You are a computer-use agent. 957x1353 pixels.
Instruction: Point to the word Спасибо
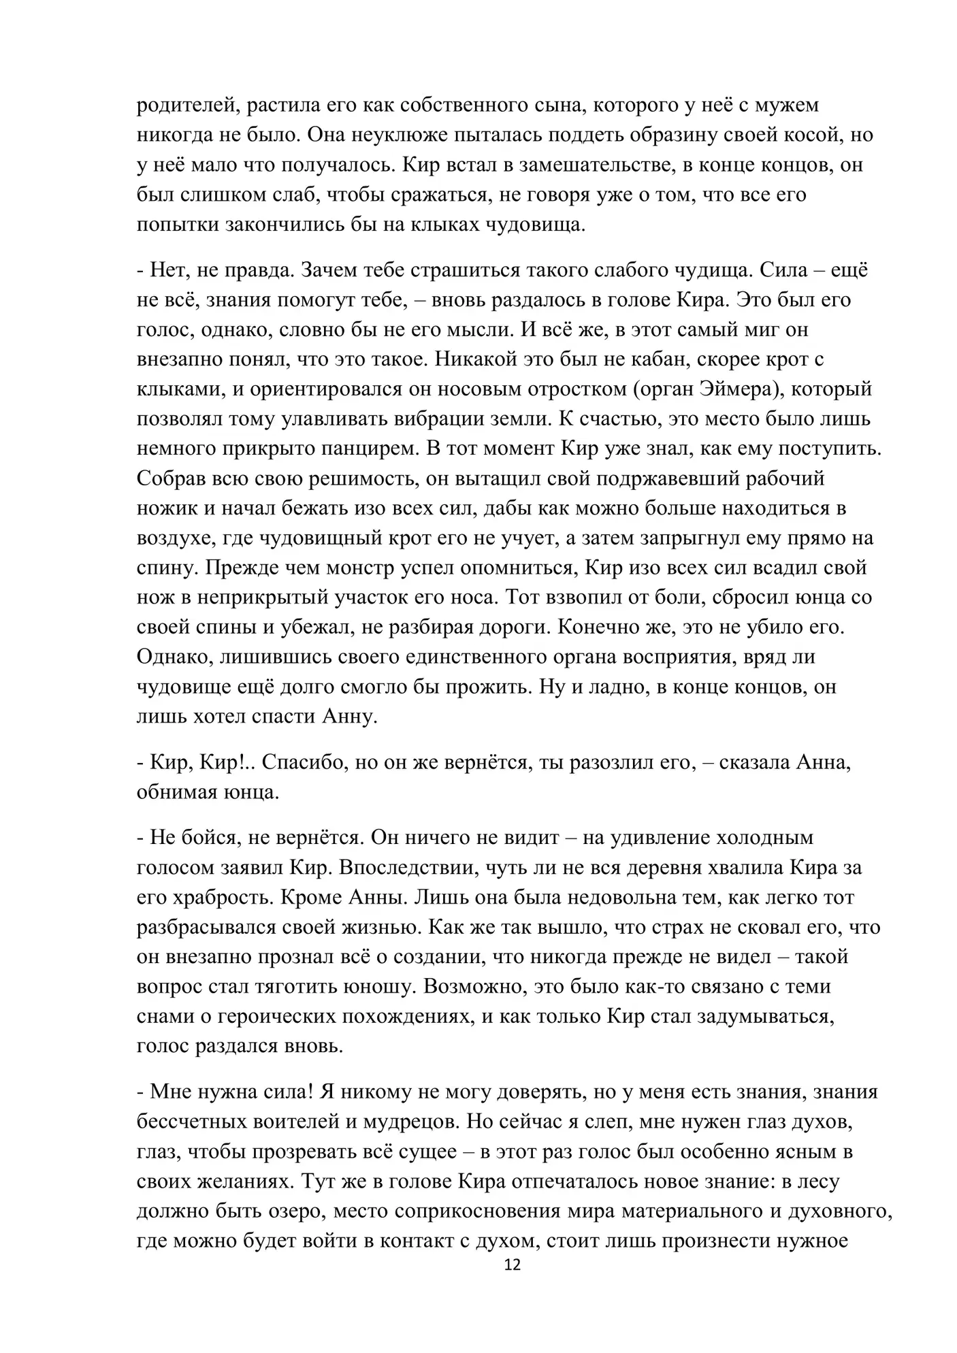point(304,762)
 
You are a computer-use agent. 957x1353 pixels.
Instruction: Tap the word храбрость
point(218,898)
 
